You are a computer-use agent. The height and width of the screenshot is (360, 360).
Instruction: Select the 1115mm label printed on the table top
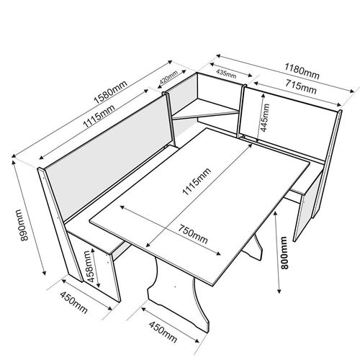pyautogui.click(x=197, y=181)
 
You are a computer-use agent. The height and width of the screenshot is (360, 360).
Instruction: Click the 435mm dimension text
pyautogui.click(x=226, y=73)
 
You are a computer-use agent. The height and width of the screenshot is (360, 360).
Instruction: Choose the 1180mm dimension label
pyautogui.click(x=302, y=71)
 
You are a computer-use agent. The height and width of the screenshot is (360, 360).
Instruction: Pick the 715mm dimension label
pyautogui.click(x=301, y=86)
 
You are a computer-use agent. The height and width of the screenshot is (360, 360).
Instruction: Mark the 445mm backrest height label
pyautogui.click(x=265, y=117)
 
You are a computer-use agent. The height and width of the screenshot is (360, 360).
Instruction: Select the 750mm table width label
pyautogui.click(x=192, y=234)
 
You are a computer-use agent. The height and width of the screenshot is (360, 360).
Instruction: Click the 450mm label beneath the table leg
pyautogui.click(x=163, y=332)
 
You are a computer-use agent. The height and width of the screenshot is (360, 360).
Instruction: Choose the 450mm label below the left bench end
pyautogui.click(x=73, y=302)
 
